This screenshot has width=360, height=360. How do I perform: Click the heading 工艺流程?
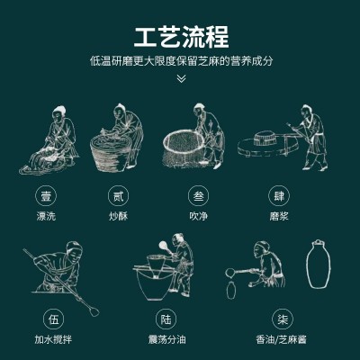[181, 37]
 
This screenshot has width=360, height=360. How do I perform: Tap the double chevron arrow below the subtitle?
[181, 78]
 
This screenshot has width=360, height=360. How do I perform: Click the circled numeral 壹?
[46, 196]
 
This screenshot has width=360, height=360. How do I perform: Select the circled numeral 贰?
[118, 196]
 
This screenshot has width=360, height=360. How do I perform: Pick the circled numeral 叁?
[199, 196]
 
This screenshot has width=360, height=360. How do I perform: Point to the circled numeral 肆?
[279, 196]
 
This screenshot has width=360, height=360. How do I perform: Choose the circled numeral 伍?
[54, 319]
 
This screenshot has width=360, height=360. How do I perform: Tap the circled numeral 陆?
[166, 319]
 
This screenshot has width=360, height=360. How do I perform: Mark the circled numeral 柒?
[283, 319]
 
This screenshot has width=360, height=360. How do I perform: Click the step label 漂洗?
[46, 216]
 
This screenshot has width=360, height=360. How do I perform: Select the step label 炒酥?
[118, 216]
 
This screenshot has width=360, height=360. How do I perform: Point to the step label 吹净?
[199, 216]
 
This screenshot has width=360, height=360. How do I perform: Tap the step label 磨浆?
[279, 216]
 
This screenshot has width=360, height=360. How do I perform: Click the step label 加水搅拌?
[53, 339]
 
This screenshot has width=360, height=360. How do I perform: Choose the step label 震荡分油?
[167, 339]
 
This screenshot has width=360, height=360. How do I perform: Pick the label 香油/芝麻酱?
[281, 339]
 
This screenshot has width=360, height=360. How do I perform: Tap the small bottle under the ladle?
[230, 290]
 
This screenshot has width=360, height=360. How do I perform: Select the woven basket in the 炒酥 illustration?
[110, 154]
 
